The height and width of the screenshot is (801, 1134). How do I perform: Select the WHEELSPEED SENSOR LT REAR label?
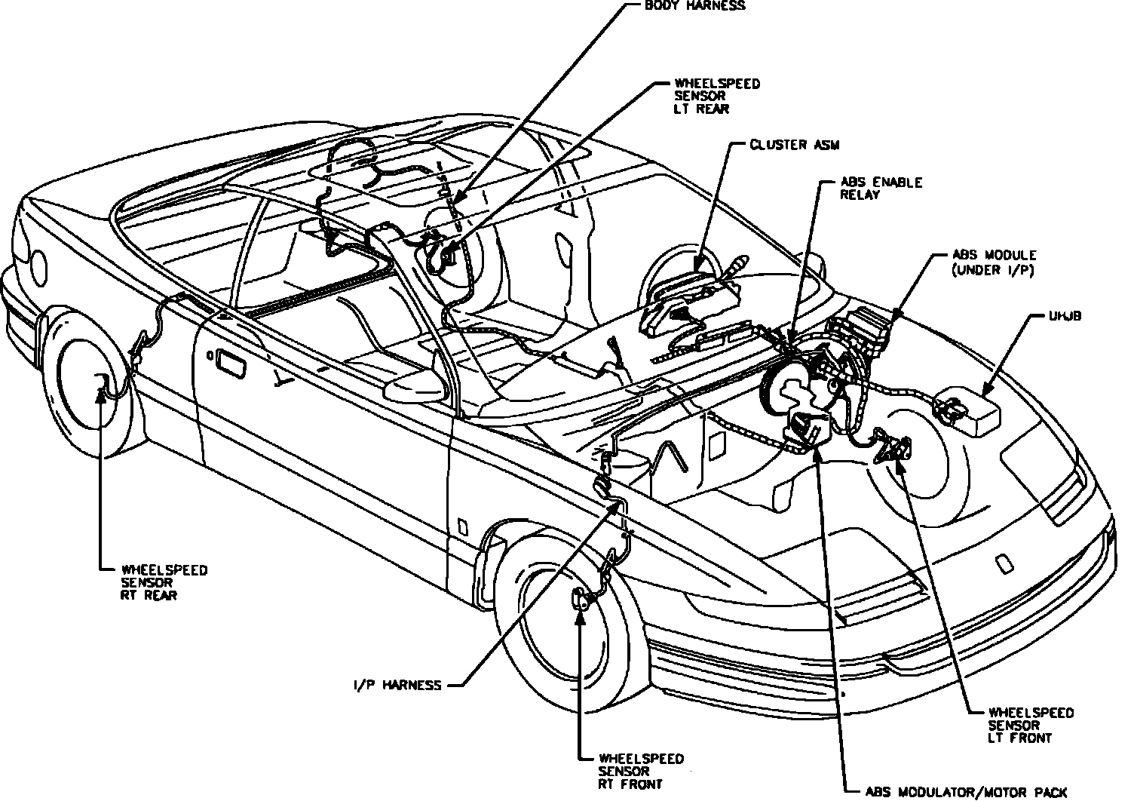(707, 96)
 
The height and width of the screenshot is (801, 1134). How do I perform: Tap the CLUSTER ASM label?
(783, 144)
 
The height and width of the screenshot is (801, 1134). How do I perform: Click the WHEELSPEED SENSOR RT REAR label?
(164, 582)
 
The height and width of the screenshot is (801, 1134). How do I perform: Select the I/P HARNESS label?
(396, 685)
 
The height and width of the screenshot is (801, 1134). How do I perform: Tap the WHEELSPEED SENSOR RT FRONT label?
(641, 771)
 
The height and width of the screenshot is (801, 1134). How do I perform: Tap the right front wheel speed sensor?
(581, 599)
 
